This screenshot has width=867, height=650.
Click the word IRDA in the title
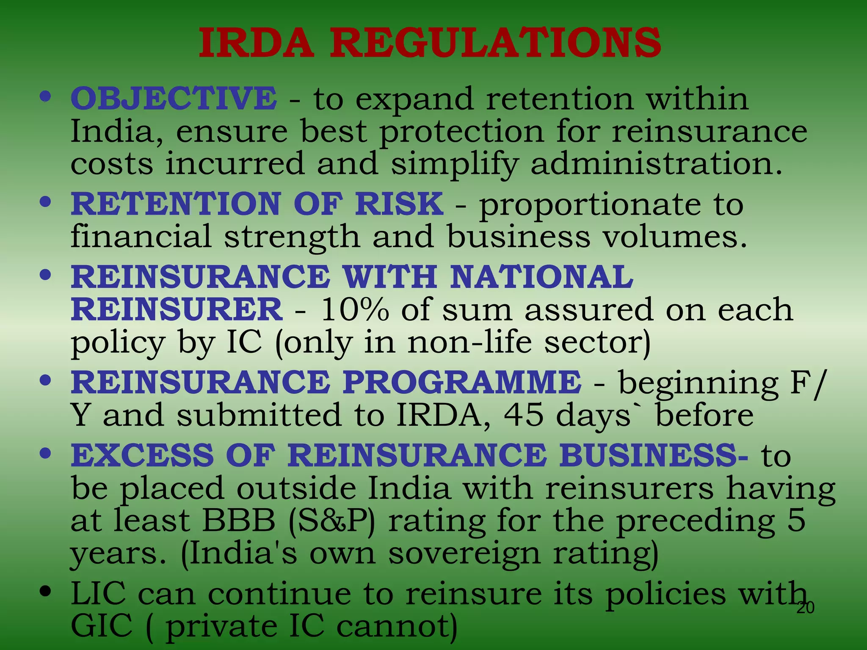[257, 43]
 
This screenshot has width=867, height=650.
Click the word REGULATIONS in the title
[495, 43]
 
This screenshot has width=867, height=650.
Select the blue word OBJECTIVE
[174, 98]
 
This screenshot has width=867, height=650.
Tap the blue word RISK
[399, 204]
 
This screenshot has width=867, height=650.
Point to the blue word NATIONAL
[541, 277]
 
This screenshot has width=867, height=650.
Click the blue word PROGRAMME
[462, 382]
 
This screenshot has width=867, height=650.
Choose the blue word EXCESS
[142, 455]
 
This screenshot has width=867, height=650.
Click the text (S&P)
[331, 521]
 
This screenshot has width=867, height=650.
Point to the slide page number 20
[805, 608]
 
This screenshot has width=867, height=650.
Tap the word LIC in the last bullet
[98, 594]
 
